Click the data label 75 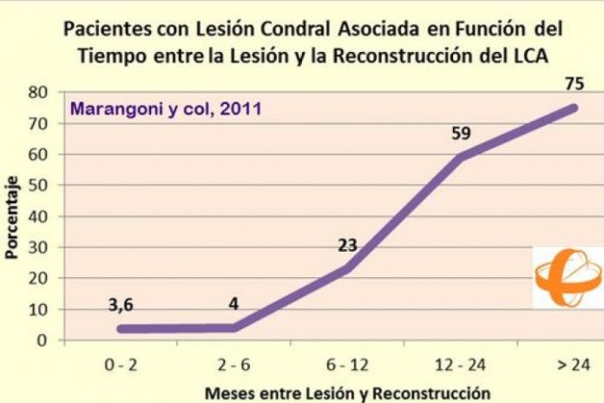tap(574, 84)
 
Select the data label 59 tap(461, 134)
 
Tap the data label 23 tap(347, 246)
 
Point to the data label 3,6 tap(127, 304)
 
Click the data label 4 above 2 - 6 tap(234, 306)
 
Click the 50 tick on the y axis tap(38, 186)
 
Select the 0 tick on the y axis tap(42, 340)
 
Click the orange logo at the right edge tap(568, 276)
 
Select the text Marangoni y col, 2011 tap(166, 109)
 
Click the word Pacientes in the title tap(98, 29)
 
